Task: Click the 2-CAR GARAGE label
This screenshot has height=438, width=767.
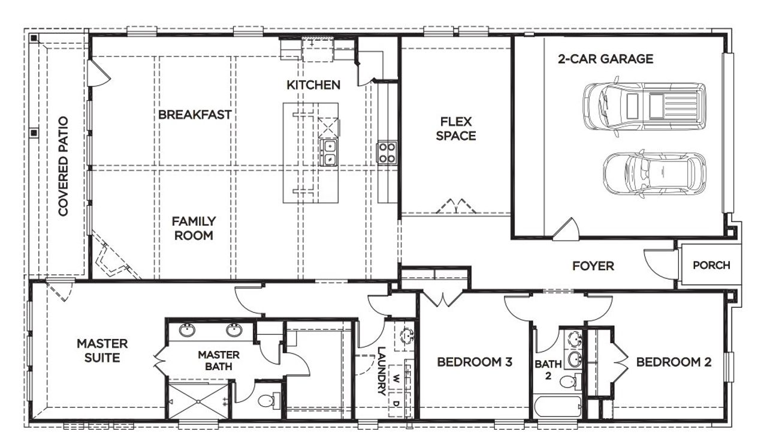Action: point(605,59)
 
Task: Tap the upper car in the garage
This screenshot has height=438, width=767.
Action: point(644,106)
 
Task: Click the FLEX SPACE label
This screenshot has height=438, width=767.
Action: point(456,128)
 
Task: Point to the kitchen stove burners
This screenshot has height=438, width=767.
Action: point(386,152)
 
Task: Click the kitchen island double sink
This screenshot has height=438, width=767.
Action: point(329,152)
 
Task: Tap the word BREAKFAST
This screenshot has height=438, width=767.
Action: point(195,115)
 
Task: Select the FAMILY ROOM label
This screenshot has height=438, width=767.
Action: point(194,228)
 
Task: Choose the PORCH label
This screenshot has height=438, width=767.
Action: point(711,265)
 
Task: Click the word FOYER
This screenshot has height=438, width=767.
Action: point(593,265)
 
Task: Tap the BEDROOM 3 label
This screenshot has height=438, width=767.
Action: point(474,362)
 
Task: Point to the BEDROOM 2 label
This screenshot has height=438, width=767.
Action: point(674,362)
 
